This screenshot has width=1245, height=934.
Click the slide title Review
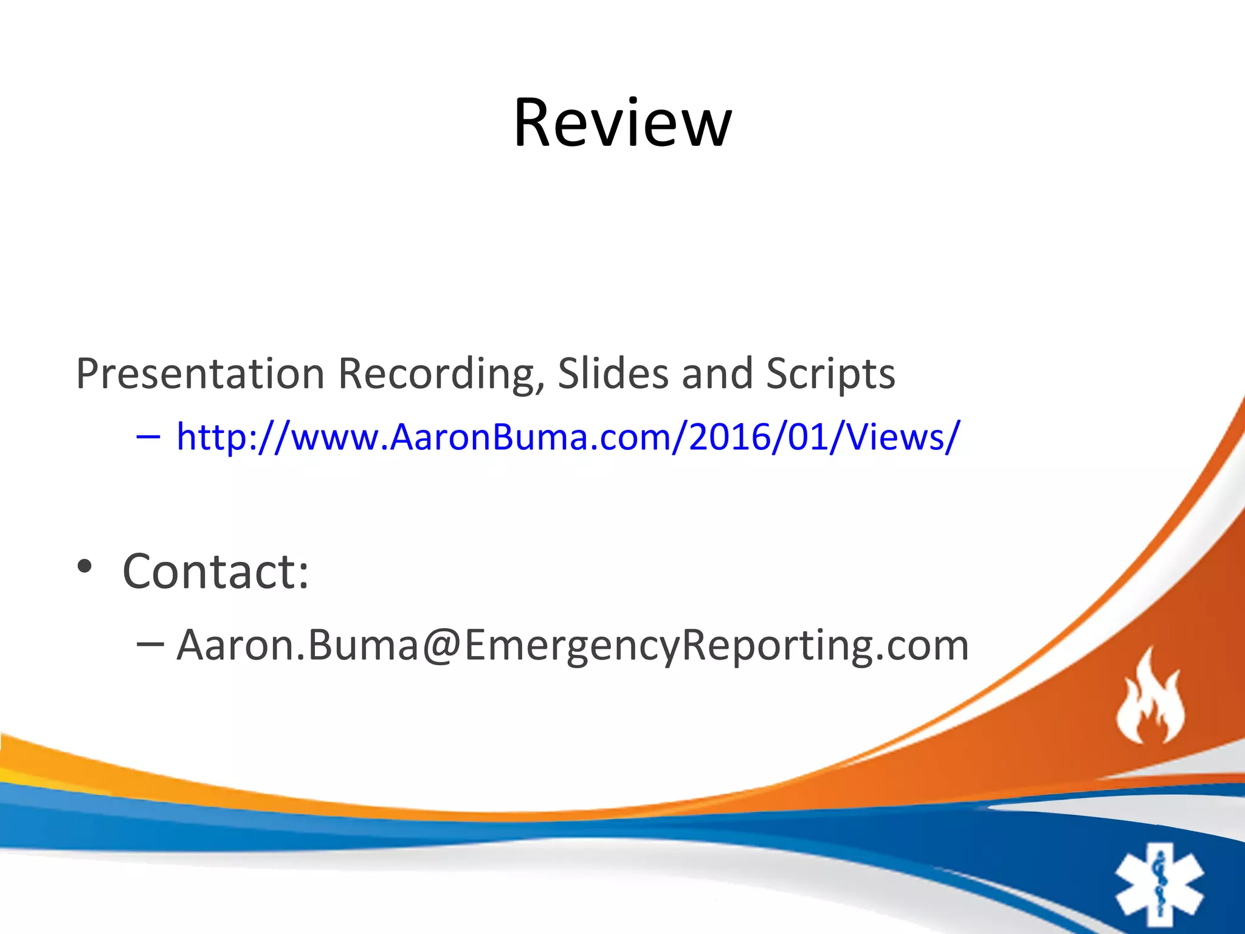622,123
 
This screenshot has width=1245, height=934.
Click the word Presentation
200,373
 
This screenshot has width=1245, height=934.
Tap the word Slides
613,373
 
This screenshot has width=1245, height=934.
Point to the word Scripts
830,373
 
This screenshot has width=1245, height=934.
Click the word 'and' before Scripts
717,373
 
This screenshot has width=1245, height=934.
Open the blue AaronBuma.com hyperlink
568,437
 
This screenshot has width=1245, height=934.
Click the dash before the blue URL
148,437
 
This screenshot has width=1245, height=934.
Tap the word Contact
207,572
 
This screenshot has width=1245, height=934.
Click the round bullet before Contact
84,567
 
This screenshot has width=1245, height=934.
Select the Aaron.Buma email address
572,645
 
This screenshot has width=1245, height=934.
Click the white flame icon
1150,696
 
